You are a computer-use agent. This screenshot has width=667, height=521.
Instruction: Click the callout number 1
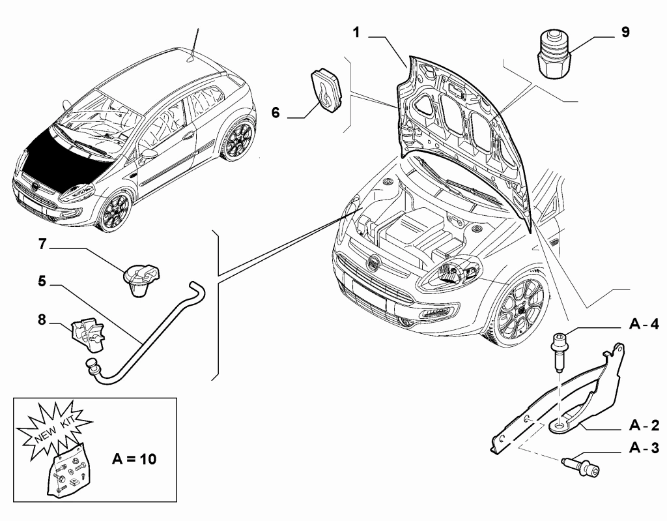[356, 31]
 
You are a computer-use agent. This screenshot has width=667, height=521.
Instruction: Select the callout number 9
[625, 32]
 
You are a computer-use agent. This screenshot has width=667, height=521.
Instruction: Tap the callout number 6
[276, 113]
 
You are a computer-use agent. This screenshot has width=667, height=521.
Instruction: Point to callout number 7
[42, 245]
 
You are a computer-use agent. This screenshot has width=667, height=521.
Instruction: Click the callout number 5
[42, 281]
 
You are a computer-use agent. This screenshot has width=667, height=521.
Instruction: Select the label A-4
[644, 325]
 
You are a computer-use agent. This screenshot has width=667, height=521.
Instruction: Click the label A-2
[644, 426]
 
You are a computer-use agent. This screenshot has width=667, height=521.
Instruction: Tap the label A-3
[644, 449]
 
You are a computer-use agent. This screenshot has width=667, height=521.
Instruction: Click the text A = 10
[134, 459]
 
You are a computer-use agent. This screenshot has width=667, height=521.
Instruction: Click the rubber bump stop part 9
[554, 55]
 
